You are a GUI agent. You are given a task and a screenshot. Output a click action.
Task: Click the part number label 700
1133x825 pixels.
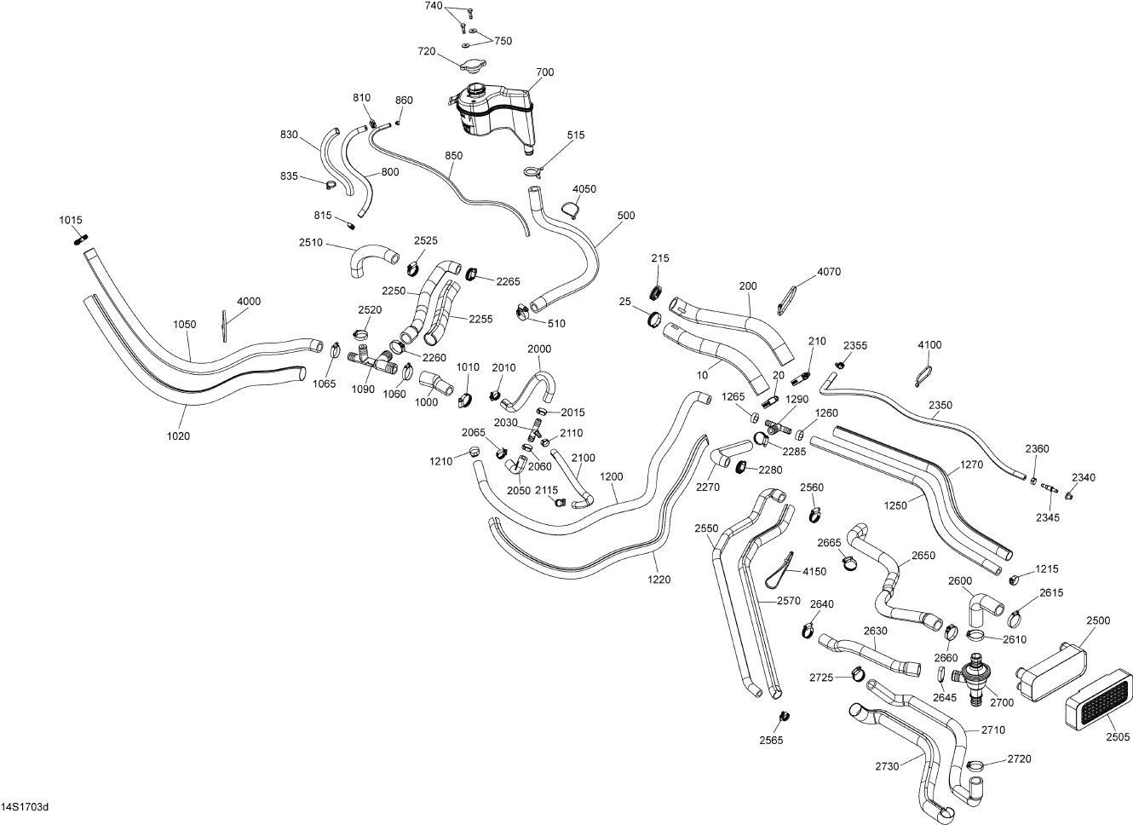545,72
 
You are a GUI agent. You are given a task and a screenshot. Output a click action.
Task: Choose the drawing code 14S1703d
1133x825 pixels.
25,806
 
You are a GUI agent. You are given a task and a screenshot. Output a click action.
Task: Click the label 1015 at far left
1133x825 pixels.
71,221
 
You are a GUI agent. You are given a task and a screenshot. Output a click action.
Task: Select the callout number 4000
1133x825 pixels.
249,302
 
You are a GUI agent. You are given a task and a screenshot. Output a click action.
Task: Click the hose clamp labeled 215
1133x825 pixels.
656,291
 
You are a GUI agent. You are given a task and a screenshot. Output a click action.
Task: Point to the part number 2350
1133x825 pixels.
940,405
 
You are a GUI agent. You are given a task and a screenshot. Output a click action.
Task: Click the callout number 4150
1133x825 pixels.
814,571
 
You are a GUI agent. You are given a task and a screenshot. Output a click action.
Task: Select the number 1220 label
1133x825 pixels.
659,580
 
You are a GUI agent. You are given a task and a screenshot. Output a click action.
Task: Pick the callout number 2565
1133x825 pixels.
771,740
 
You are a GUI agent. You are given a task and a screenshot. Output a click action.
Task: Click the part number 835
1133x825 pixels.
289,176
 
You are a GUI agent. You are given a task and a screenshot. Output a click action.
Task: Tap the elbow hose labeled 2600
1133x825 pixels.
982,606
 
